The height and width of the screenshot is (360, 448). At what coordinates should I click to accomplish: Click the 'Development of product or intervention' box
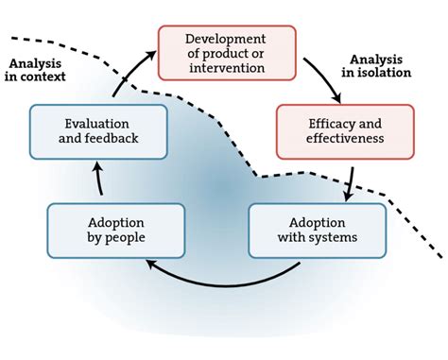pyautogui.click(x=227, y=52)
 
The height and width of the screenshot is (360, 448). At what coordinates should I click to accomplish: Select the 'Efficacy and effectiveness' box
pyautogui.click(x=333, y=130)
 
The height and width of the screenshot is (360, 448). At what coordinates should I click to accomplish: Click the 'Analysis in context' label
pyautogui.click(x=37, y=70)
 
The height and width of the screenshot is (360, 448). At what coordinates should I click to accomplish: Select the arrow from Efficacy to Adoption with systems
pyautogui.click(x=349, y=181)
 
